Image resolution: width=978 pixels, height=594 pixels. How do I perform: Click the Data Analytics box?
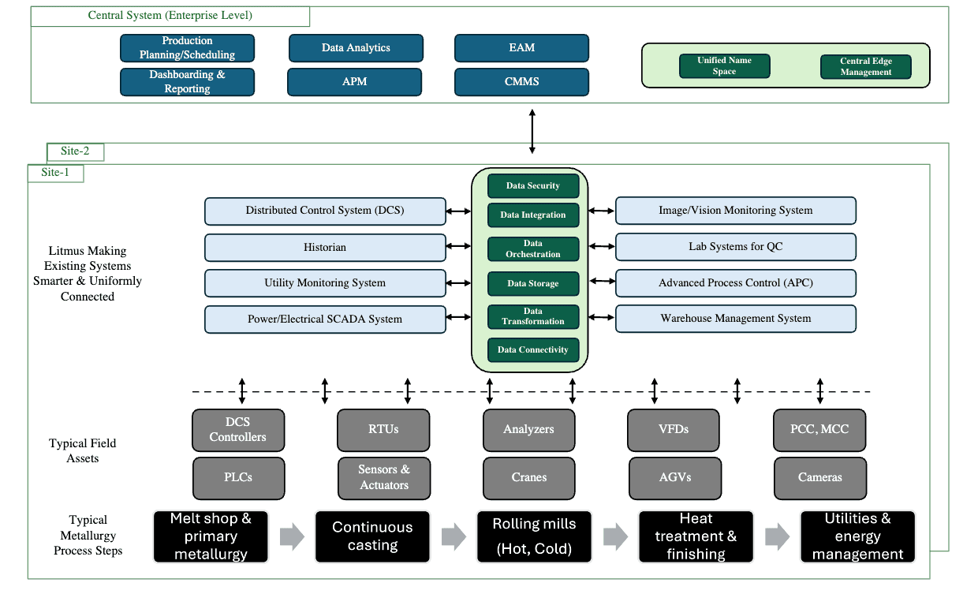pos(356,48)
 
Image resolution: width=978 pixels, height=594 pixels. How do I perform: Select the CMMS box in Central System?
pos(521,81)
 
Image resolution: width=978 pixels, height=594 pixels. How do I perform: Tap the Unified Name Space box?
pos(724,66)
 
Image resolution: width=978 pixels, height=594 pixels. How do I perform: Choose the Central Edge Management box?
pos(865,67)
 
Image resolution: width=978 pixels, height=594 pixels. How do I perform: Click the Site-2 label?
pos(75,151)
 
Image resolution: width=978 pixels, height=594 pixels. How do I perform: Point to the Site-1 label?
pos(55,173)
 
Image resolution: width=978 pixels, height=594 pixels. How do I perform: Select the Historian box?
pos(325,247)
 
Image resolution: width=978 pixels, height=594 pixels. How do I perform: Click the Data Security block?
pos(533,186)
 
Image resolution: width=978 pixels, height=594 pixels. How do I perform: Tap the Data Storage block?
pos(533,283)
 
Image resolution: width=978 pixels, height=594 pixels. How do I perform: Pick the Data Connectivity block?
pos(533,349)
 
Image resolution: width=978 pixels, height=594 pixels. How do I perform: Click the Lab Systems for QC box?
pos(735,247)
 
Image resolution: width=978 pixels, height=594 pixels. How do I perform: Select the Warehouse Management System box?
pos(735,319)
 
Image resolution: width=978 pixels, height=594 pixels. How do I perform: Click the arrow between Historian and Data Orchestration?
pos(458,247)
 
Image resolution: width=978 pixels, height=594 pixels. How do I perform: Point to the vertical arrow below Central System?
pos(532,131)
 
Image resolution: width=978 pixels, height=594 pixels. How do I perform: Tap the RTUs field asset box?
pos(384,430)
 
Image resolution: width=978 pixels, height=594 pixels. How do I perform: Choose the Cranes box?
pos(529,477)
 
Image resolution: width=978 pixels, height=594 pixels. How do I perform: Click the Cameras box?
pos(819,477)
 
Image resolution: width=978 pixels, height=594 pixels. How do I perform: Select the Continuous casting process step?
pos(372,536)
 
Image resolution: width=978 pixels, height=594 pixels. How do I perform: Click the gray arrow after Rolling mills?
pos(615,537)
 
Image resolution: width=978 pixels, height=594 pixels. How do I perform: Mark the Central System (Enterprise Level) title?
pos(170,16)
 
